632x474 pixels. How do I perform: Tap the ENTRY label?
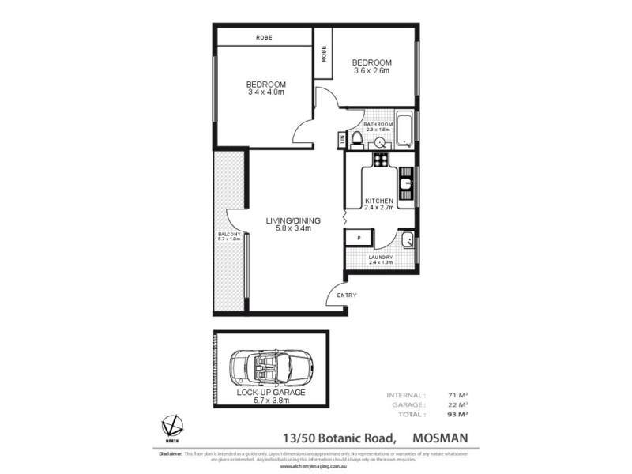(x=347, y=295)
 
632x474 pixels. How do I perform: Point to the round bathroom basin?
(x=379, y=143)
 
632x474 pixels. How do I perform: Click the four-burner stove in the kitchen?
(x=381, y=160)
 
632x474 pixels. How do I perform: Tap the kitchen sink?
(x=405, y=186)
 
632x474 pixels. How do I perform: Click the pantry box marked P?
(x=358, y=237)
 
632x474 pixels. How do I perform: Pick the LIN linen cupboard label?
(x=342, y=140)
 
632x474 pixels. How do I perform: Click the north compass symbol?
(x=167, y=427)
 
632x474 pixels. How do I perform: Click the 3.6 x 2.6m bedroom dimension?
(x=372, y=71)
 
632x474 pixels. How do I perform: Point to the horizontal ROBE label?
(x=265, y=37)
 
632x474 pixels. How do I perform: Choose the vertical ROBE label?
(x=324, y=53)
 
